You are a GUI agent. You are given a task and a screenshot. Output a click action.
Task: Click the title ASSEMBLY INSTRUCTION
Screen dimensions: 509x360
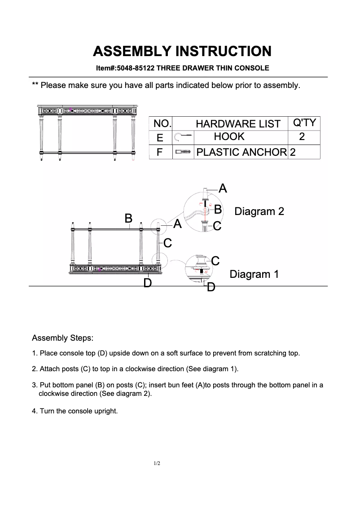(x=182, y=51)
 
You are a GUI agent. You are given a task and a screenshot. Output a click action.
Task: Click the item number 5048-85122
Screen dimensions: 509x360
(x=135, y=68)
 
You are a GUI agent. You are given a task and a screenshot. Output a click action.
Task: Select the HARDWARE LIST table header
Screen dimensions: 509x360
(x=238, y=124)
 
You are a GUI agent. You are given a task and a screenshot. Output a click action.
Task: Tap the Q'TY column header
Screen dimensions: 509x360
(x=304, y=123)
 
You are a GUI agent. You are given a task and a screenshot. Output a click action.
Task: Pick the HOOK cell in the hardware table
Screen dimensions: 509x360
(x=229, y=137)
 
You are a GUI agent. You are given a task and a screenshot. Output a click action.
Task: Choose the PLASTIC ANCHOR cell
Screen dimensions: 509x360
(x=241, y=152)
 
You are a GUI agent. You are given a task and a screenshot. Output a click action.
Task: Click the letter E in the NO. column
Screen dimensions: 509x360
(x=160, y=138)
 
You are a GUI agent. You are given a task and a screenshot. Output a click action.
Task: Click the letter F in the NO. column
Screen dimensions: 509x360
(x=159, y=153)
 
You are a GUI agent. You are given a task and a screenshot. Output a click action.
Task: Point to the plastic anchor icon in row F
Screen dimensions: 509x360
(x=183, y=152)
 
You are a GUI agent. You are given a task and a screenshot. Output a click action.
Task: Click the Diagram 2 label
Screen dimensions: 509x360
(x=259, y=211)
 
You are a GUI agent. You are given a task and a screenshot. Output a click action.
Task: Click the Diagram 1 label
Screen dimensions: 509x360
(x=254, y=274)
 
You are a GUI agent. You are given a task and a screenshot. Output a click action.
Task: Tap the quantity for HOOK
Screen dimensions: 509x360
(x=302, y=137)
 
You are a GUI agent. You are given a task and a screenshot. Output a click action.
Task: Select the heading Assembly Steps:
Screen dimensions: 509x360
(x=62, y=338)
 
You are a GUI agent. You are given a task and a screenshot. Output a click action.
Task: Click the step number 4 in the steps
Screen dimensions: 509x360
(x=34, y=411)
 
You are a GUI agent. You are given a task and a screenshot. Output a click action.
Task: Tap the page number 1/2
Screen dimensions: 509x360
(x=157, y=463)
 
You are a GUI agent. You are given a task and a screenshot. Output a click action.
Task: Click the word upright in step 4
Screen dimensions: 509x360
(x=107, y=411)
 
